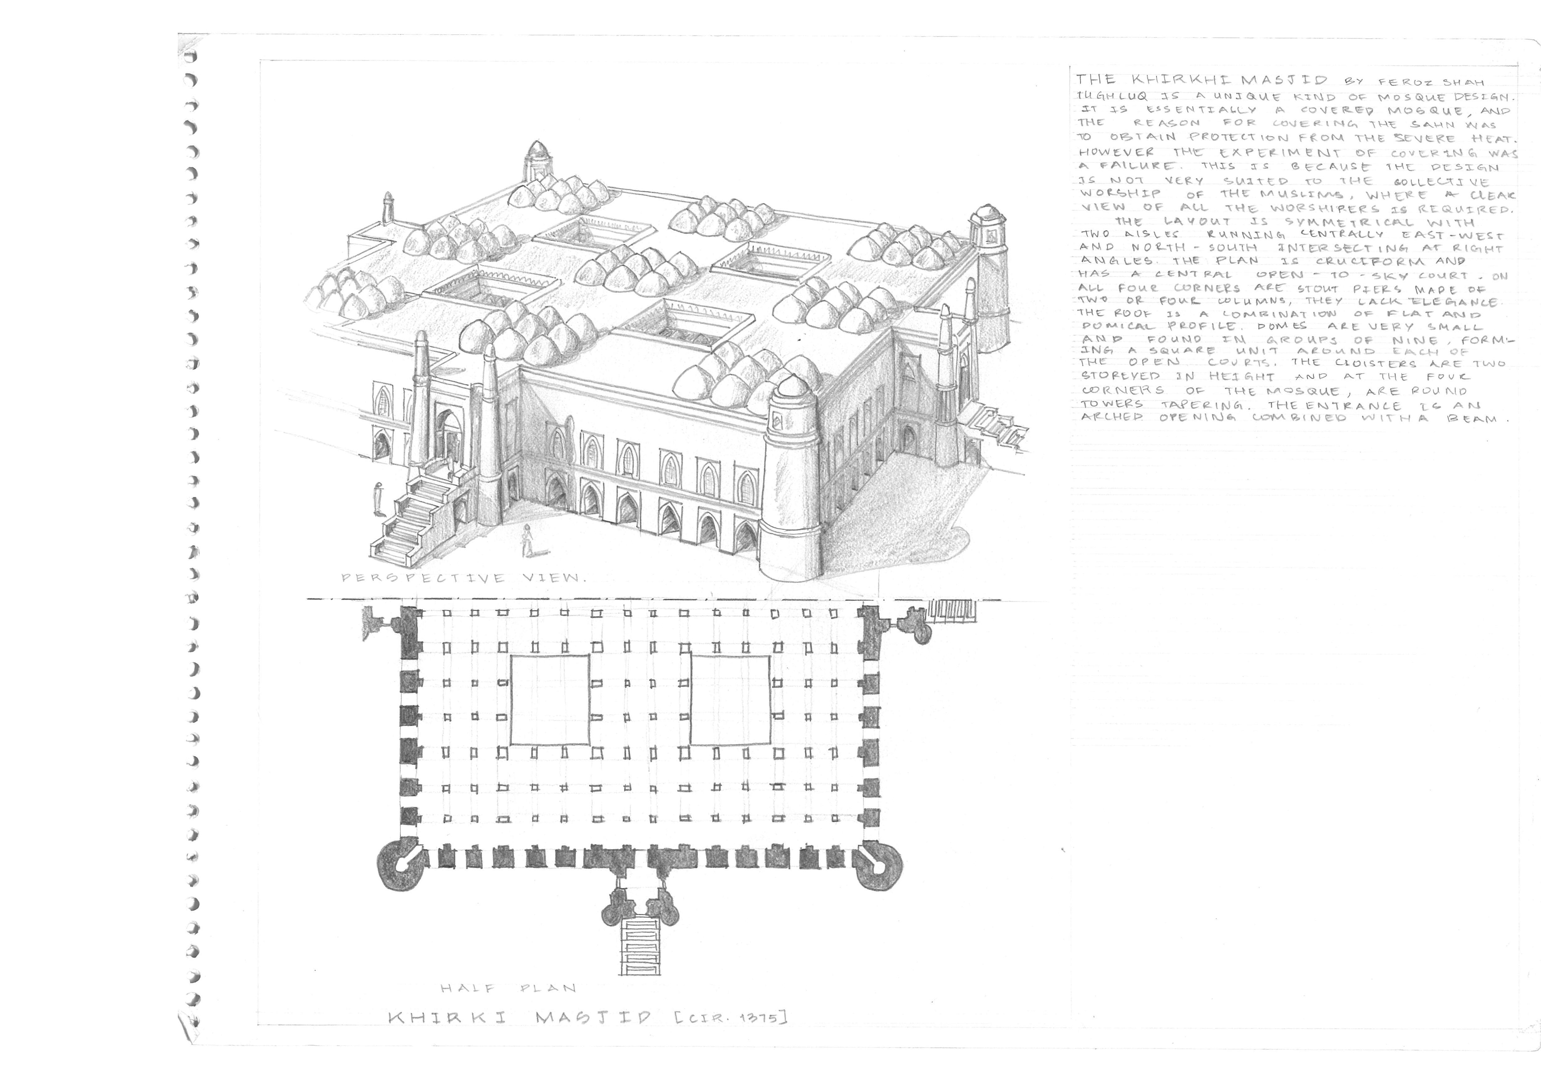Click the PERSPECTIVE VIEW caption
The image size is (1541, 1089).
pyautogui.click(x=463, y=578)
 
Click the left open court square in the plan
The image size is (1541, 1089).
pyautogui.click(x=550, y=700)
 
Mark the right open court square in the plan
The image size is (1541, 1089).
pyautogui.click(x=730, y=700)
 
